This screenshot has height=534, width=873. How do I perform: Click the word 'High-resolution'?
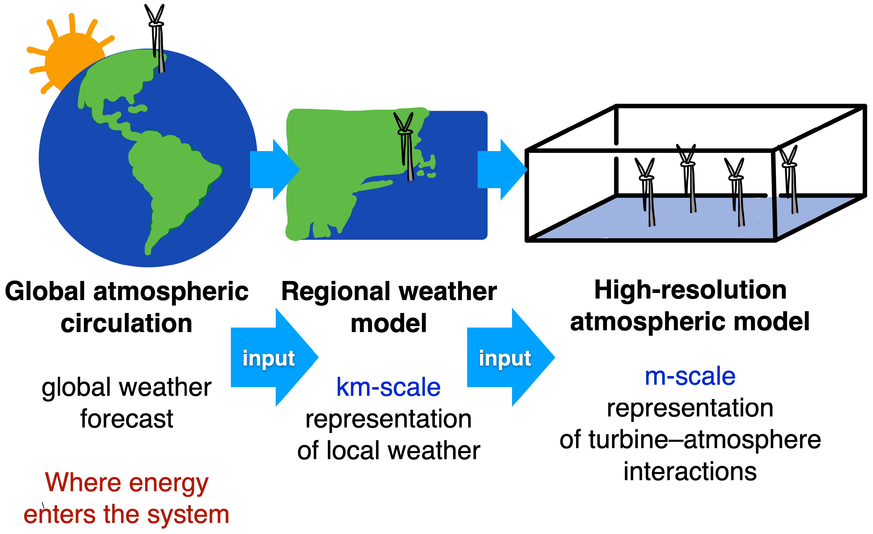690,290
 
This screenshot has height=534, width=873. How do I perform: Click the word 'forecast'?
127,419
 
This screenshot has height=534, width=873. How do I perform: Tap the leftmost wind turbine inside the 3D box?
647,191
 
